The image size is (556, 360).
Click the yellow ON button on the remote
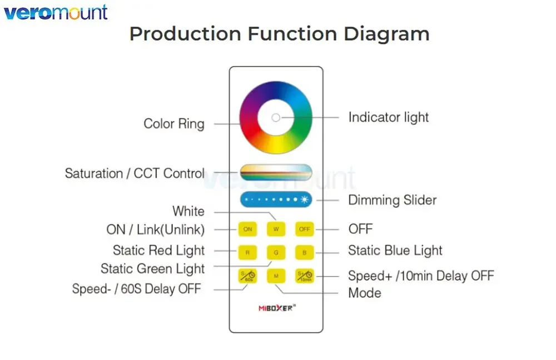coord(247,229)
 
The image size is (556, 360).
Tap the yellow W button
coord(276,229)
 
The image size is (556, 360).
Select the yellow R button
coord(247,252)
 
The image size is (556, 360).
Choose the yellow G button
coord(276,252)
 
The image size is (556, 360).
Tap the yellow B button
coord(304,252)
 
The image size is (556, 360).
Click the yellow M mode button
coord(276,276)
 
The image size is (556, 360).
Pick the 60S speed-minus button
coord(247,276)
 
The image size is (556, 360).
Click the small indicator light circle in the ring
coord(276,117)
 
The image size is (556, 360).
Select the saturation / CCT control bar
coord(276,172)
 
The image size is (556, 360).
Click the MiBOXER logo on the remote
coord(276,307)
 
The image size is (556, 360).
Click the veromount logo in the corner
coord(56,12)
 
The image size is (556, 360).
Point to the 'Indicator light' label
coord(388,117)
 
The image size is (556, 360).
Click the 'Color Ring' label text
coord(174,123)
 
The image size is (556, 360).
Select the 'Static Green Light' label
coord(152,269)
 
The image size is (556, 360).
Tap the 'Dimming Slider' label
coord(392,200)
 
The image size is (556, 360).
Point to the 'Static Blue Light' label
coord(395,251)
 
